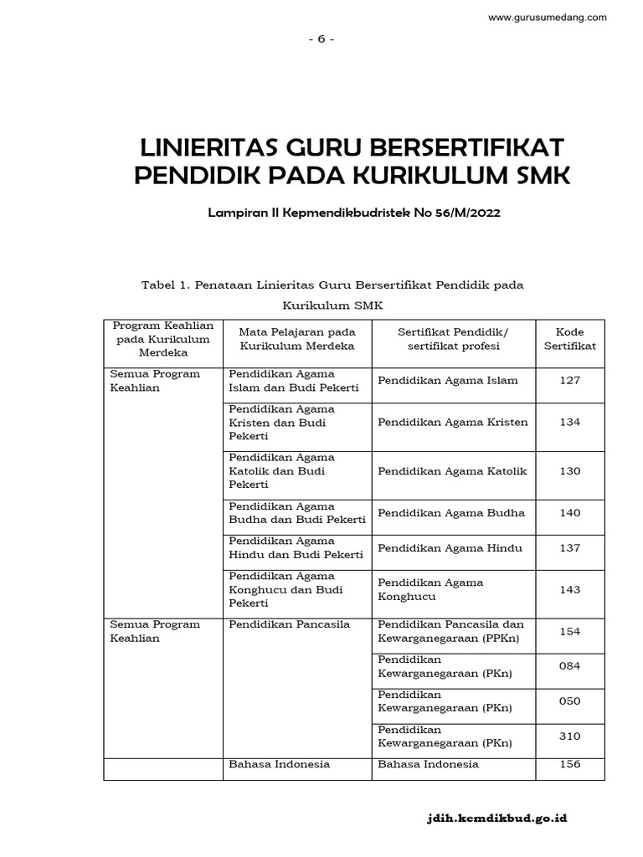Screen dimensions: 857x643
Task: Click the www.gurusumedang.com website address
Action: coord(547,18)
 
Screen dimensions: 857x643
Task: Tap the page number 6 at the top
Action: coord(321,38)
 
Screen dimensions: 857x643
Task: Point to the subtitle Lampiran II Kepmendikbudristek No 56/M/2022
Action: coord(356,213)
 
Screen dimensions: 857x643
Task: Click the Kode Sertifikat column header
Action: coord(569,339)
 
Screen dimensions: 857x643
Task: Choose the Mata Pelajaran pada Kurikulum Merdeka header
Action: coord(297,339)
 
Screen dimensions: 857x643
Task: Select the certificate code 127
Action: coord(569,381)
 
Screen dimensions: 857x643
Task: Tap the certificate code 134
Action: coord(569,423)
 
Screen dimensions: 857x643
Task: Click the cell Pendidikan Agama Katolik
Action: coord(452,471)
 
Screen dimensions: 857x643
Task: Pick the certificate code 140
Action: coord(569,513)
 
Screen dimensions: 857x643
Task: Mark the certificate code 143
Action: coord(569,589)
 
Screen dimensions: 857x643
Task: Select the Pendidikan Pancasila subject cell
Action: coord(277,624)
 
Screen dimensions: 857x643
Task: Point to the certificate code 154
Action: coord(569,632)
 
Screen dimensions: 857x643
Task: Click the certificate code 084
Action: coord(569,666)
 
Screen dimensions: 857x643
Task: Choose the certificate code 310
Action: coord(569,736)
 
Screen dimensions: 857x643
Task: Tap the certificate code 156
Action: coord(569,764)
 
